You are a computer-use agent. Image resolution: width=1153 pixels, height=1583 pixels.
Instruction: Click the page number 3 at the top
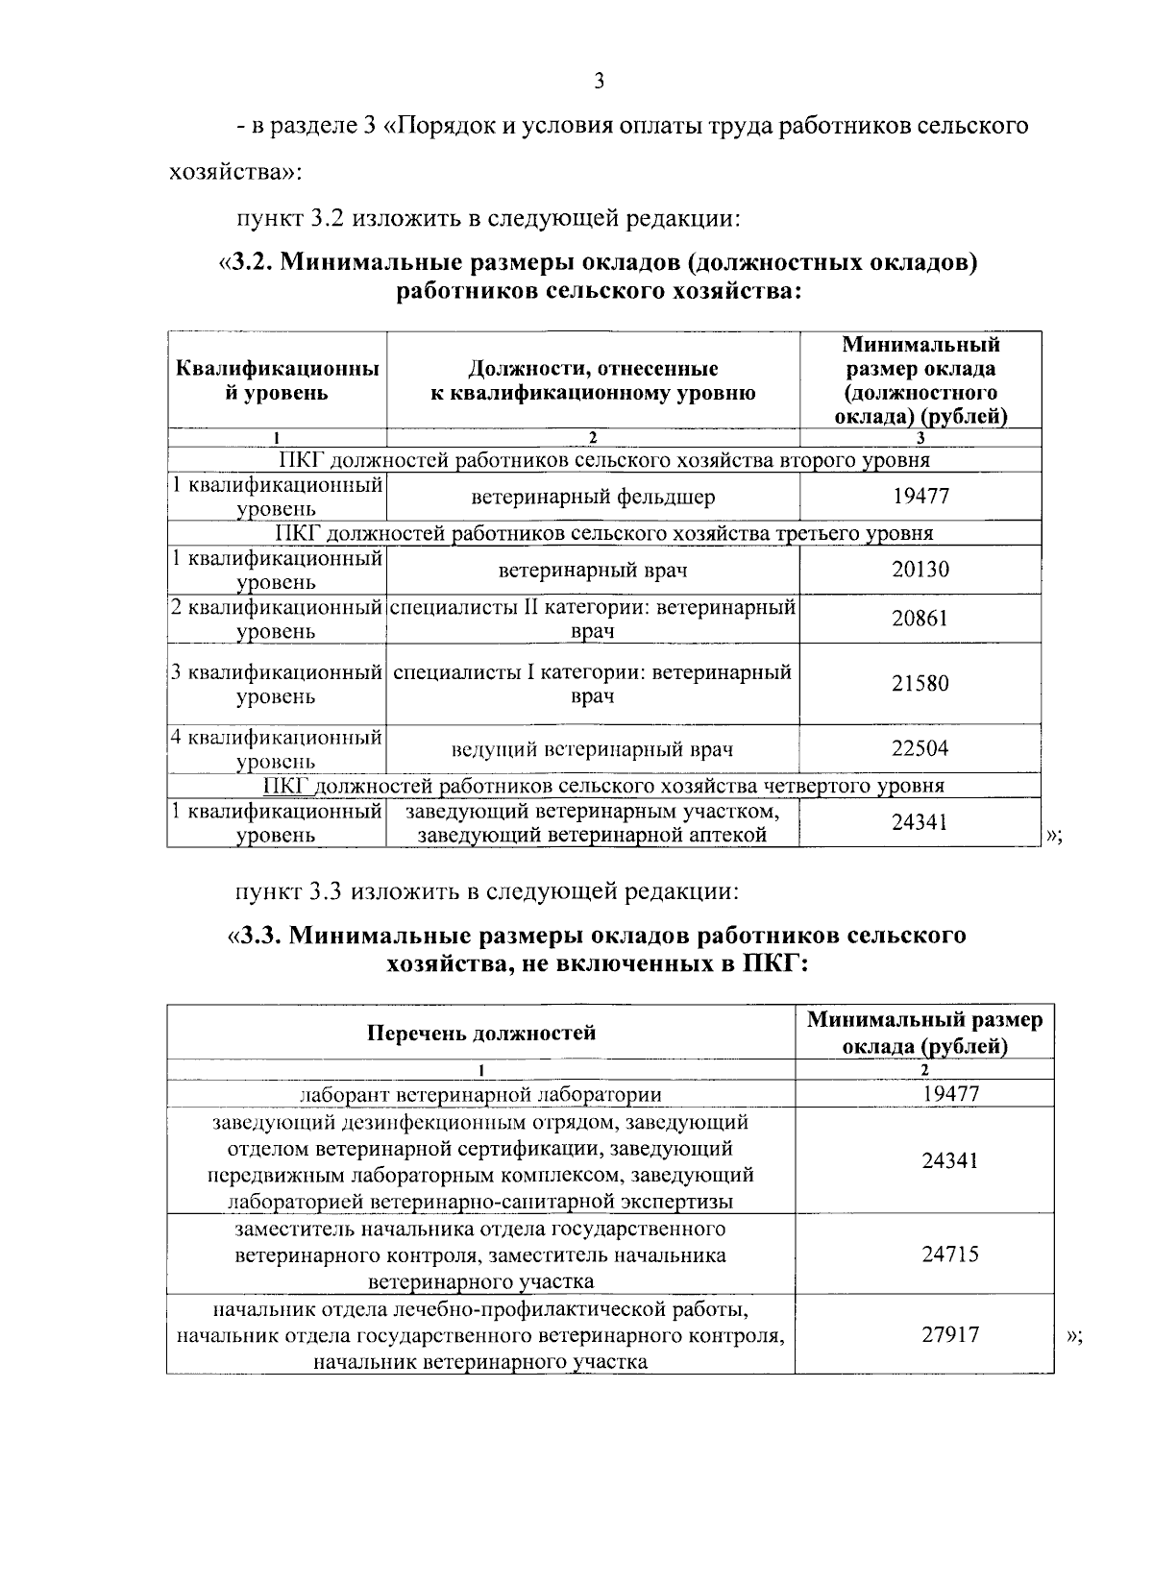[x=599, y=82]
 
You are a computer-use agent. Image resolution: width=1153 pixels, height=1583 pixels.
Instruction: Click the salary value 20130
[x=920, y=570]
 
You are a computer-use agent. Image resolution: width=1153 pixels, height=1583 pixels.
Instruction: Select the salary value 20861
[x=920, y=618]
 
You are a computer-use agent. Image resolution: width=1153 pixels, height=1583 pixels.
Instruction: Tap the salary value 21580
[x=920, y=683]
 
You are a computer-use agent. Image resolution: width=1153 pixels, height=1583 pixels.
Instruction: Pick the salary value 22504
[x=920, y=748]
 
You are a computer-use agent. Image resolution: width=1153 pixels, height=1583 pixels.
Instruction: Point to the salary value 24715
[x=949, y=1254]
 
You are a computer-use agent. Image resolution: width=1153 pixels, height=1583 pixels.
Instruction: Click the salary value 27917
[x=949, y=1334]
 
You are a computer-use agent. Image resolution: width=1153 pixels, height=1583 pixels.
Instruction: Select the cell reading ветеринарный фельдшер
[x=593, y=497]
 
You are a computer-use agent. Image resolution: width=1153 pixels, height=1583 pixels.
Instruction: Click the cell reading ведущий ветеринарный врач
[x=593, y=749]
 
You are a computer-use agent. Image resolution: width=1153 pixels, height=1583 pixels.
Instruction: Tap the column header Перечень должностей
[x=481, y=1033]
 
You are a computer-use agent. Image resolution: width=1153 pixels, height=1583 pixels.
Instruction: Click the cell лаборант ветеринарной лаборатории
[x=480, y=1094]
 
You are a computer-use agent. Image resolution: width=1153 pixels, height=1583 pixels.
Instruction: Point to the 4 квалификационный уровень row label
[x=277, y=749]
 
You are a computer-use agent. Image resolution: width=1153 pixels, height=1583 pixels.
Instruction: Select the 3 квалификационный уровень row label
[x=277, y=684]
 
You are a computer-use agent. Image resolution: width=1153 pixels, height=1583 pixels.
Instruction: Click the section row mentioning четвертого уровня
[x=603, y=786]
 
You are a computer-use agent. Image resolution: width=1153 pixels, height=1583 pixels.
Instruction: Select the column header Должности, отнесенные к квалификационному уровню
[x=593, y=380]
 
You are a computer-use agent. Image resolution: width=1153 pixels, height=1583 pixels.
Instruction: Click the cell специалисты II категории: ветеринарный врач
[x=593, y=619]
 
